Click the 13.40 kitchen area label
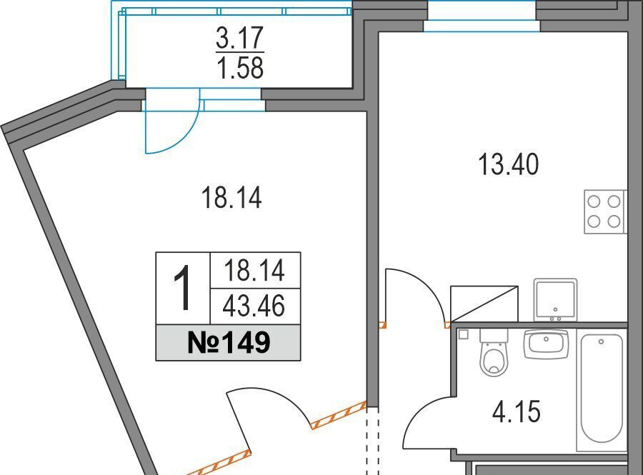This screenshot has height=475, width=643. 509,164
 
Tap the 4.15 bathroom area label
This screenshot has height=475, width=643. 517,411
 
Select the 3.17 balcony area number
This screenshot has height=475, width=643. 239,38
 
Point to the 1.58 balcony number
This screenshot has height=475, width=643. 240,68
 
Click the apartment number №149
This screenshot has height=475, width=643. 229,343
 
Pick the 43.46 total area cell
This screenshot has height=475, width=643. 254,306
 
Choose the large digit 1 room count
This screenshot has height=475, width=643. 182,287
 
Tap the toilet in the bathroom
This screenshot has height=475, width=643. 494,352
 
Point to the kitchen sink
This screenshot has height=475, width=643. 555,301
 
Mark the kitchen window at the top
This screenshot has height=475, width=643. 482,16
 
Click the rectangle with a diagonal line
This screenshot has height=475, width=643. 484,304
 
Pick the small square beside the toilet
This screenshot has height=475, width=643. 464,334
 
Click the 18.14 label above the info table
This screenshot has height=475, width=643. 231,198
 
